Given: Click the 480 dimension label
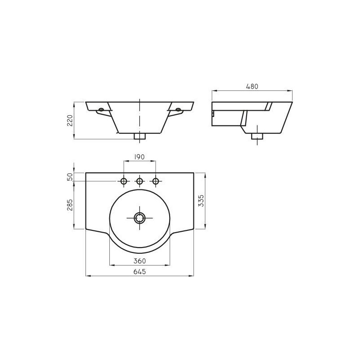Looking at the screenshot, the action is [252, 86].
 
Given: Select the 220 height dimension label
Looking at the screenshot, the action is [70, 120].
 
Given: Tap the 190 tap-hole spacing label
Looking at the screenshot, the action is [139, 157].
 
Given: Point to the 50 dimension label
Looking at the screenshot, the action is [70, 177].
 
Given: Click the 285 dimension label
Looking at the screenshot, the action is [70, 205].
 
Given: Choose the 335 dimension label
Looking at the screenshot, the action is [201, 201].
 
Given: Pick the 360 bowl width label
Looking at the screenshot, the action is [140, 261].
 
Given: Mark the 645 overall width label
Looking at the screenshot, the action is [140, 272].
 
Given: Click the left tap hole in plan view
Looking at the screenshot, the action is [124, 181].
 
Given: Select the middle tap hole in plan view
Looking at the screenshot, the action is [139, 181].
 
